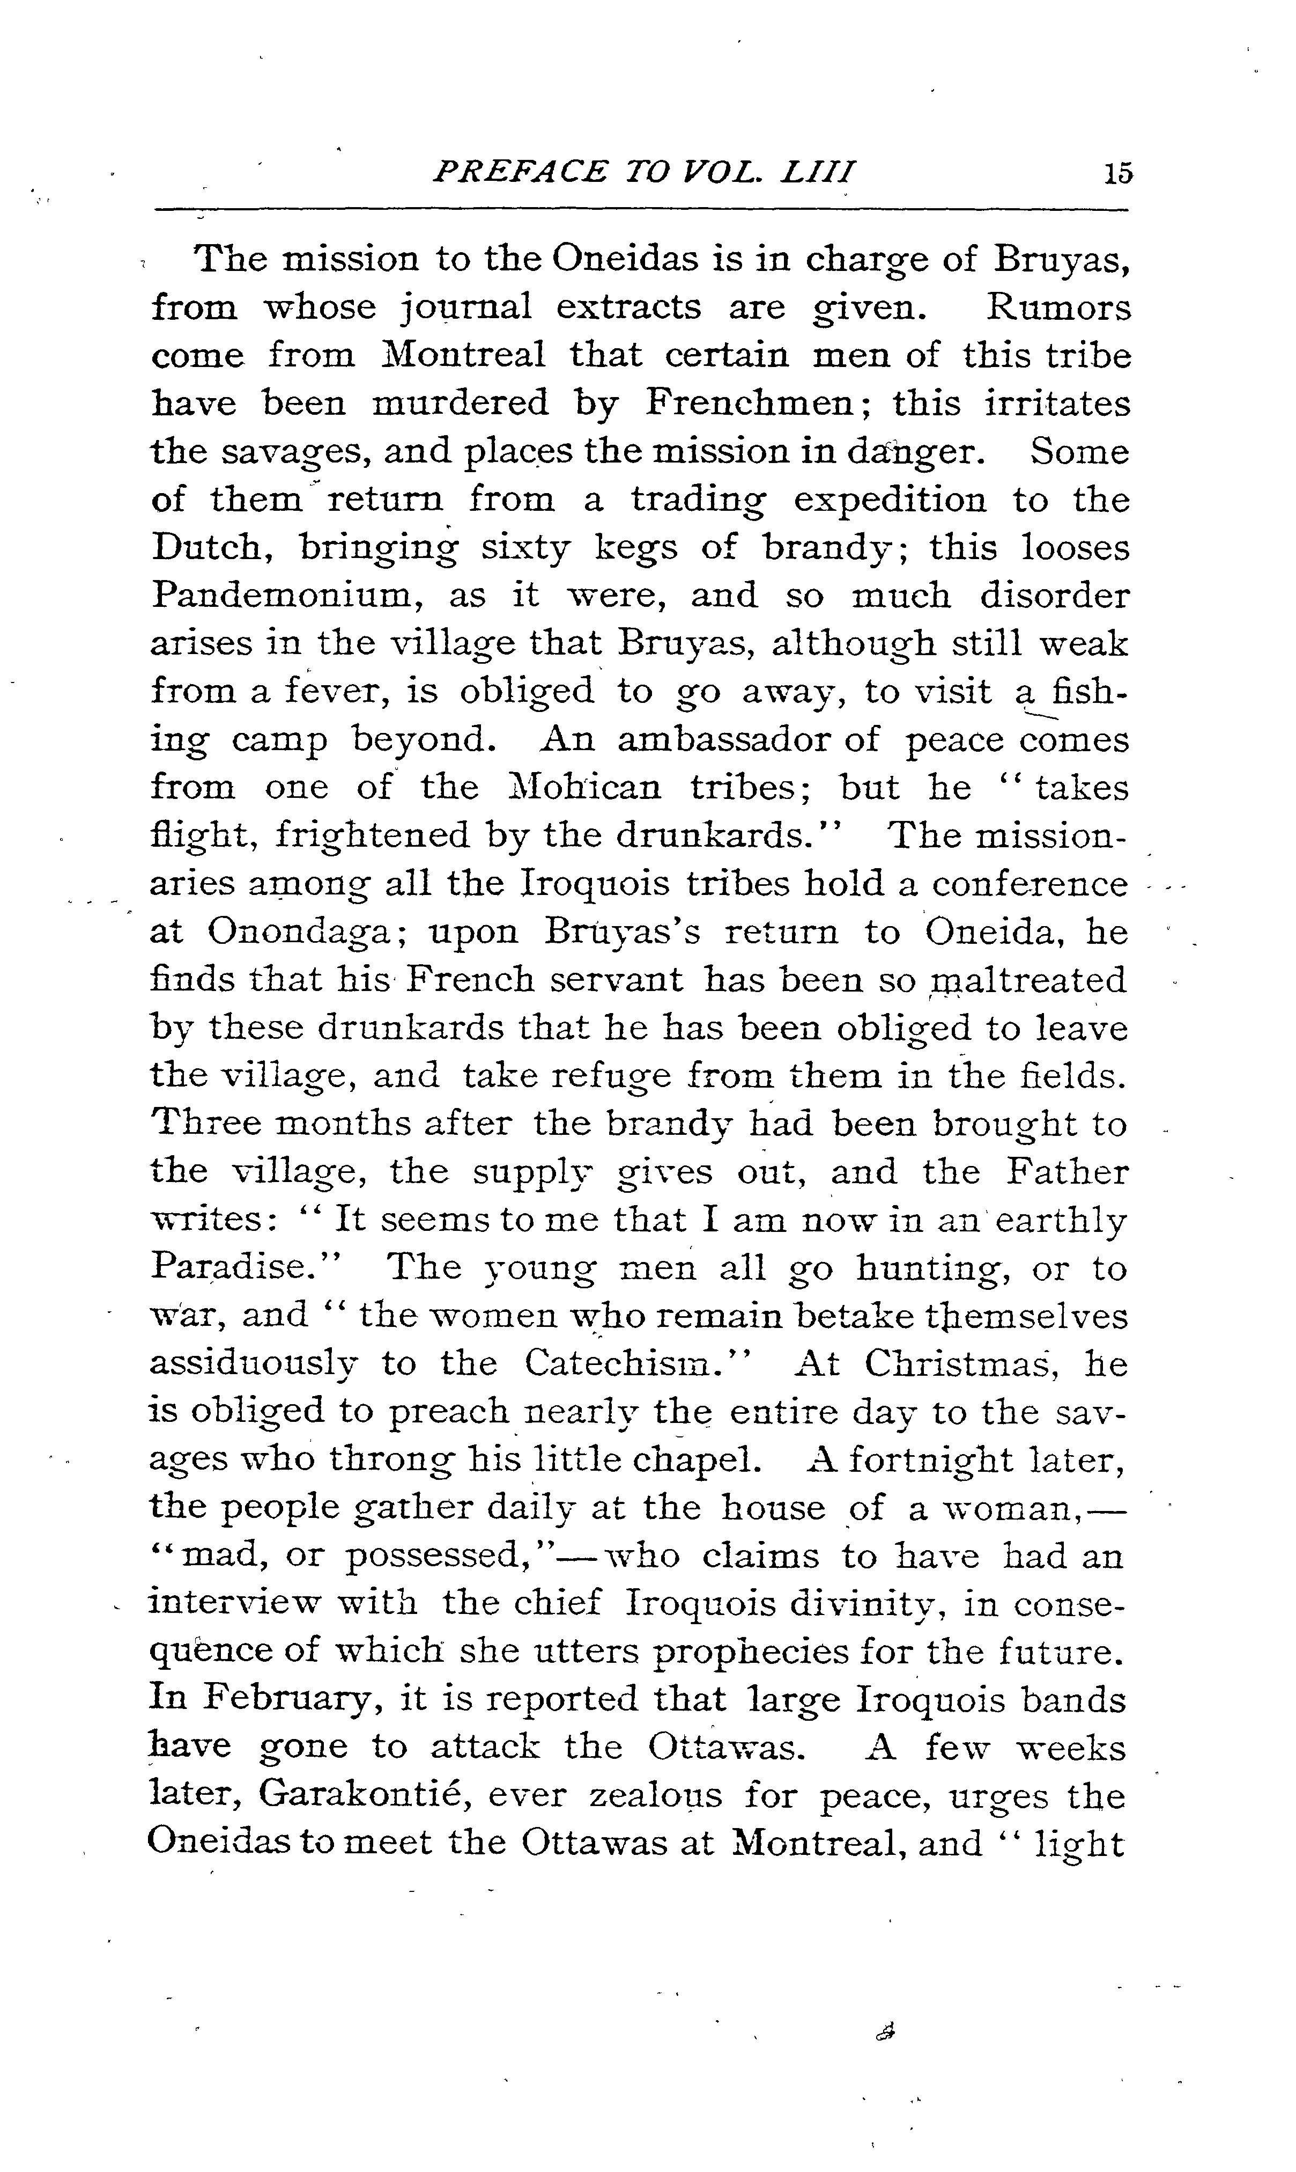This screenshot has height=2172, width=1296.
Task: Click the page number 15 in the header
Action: click(x=1117, y=173)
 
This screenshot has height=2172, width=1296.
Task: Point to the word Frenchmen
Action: click(x=749, y=403)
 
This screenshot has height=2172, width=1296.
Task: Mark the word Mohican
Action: click(x=585, y=787)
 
